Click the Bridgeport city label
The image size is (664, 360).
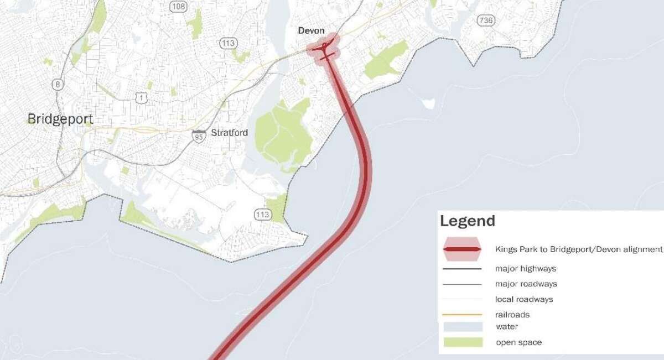(x=60, y=119)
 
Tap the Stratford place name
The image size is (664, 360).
(x=229, y=133)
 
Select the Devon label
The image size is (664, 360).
(x=311, y=31)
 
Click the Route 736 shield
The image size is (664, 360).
(x=485, y=20)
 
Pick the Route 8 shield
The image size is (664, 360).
(x=58, y=84)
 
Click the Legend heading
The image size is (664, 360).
(x=467, y=221)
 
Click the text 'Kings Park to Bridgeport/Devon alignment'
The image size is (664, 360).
(x=579, y=249)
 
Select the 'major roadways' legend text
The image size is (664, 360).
(x=526, y=284)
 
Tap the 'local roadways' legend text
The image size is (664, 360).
(x=524, y=299)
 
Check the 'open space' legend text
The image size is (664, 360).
(x=518, y=342)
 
